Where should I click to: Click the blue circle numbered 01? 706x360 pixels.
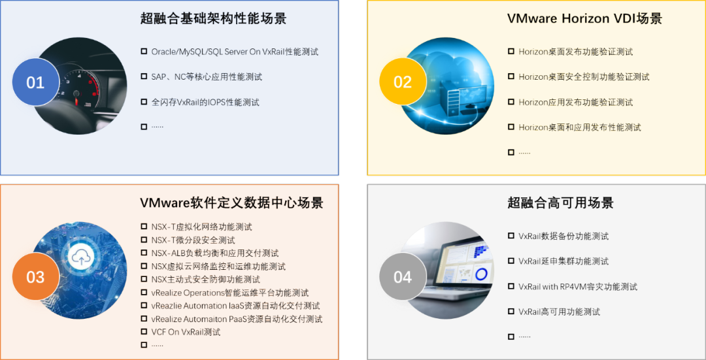click(x=35, y=82)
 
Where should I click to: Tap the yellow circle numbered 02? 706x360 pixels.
click(x=403, y=82)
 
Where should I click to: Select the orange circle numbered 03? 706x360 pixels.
click(x=35, y=276)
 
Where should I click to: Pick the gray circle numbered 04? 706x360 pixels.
click(x=403, y=276)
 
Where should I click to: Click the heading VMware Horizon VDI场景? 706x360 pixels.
click(x=584, y=18)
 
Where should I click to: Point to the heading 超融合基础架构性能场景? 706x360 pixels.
click(x=213, y=18)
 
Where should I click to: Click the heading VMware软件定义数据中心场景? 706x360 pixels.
click(x=231, y=203)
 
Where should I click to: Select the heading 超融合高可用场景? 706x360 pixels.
click(x=561, y=203)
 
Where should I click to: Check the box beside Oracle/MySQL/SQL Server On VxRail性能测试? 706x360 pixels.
click(x=144, y=52)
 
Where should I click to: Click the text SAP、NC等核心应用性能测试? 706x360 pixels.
click(x=207, y=77)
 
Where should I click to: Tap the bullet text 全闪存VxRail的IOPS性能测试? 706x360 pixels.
click(x=205, y=102)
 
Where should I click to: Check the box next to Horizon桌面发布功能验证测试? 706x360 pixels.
click(x=511, y=52)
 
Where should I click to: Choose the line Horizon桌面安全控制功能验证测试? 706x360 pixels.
click(x=584, y=77)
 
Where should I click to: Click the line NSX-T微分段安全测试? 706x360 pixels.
click(x=193, y=240)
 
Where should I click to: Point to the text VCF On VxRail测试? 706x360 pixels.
click(x=186, y=333)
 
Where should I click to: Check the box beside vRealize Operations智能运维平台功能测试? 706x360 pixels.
click(x=144, y=293)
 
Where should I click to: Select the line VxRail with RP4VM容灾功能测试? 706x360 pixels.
click(x=578, y=287)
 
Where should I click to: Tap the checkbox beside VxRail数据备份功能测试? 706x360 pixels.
click(x=511, y=235)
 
